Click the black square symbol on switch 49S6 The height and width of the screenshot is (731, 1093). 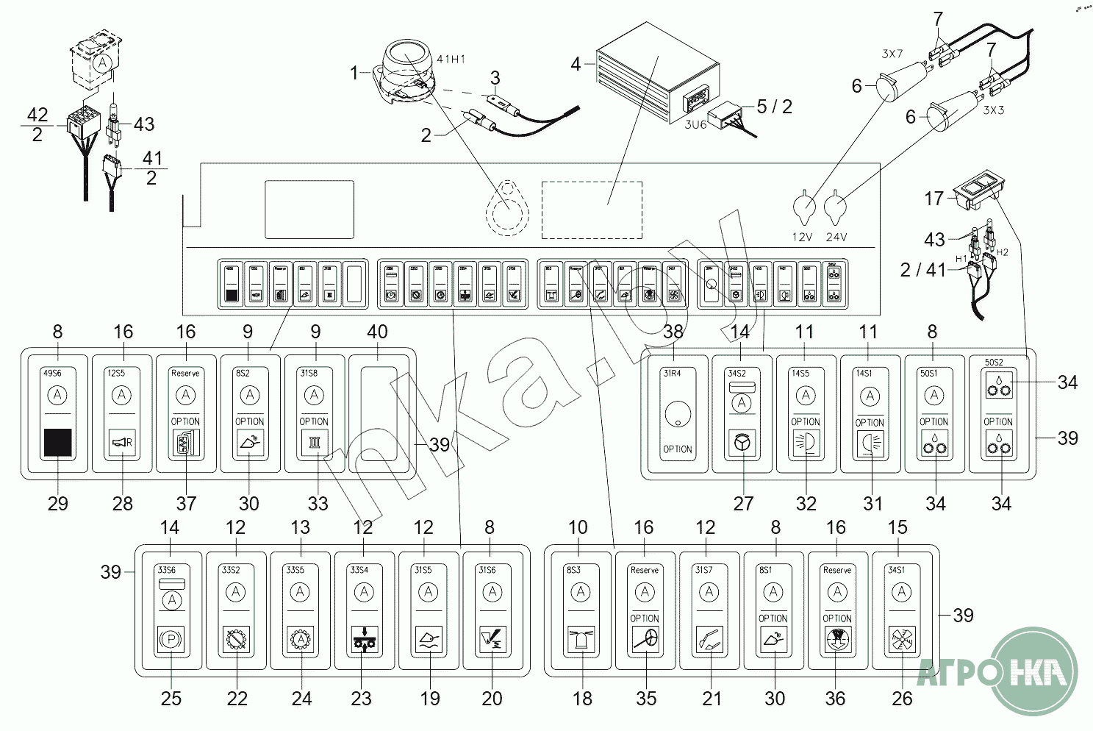58,443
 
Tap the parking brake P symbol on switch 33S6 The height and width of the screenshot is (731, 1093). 171,638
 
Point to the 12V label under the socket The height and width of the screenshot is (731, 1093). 803,237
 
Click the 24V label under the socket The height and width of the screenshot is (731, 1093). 836,237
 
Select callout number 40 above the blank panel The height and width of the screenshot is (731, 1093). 377,332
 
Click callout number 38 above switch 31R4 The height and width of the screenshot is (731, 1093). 673,332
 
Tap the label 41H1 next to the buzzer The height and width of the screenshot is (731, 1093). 451,59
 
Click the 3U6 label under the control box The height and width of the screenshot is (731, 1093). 695,124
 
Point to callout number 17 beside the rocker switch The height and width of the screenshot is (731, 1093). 933,198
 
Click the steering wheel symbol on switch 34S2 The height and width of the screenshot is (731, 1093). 742,444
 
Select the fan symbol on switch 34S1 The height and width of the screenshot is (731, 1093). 902,638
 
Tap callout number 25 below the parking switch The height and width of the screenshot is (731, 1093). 171,698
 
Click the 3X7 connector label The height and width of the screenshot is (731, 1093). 892,53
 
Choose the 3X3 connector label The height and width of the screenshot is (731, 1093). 994,110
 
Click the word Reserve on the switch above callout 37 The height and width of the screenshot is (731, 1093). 186,373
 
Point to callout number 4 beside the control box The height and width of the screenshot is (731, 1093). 576,64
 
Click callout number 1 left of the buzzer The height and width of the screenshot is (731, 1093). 354,73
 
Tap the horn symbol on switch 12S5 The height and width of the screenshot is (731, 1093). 122,443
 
